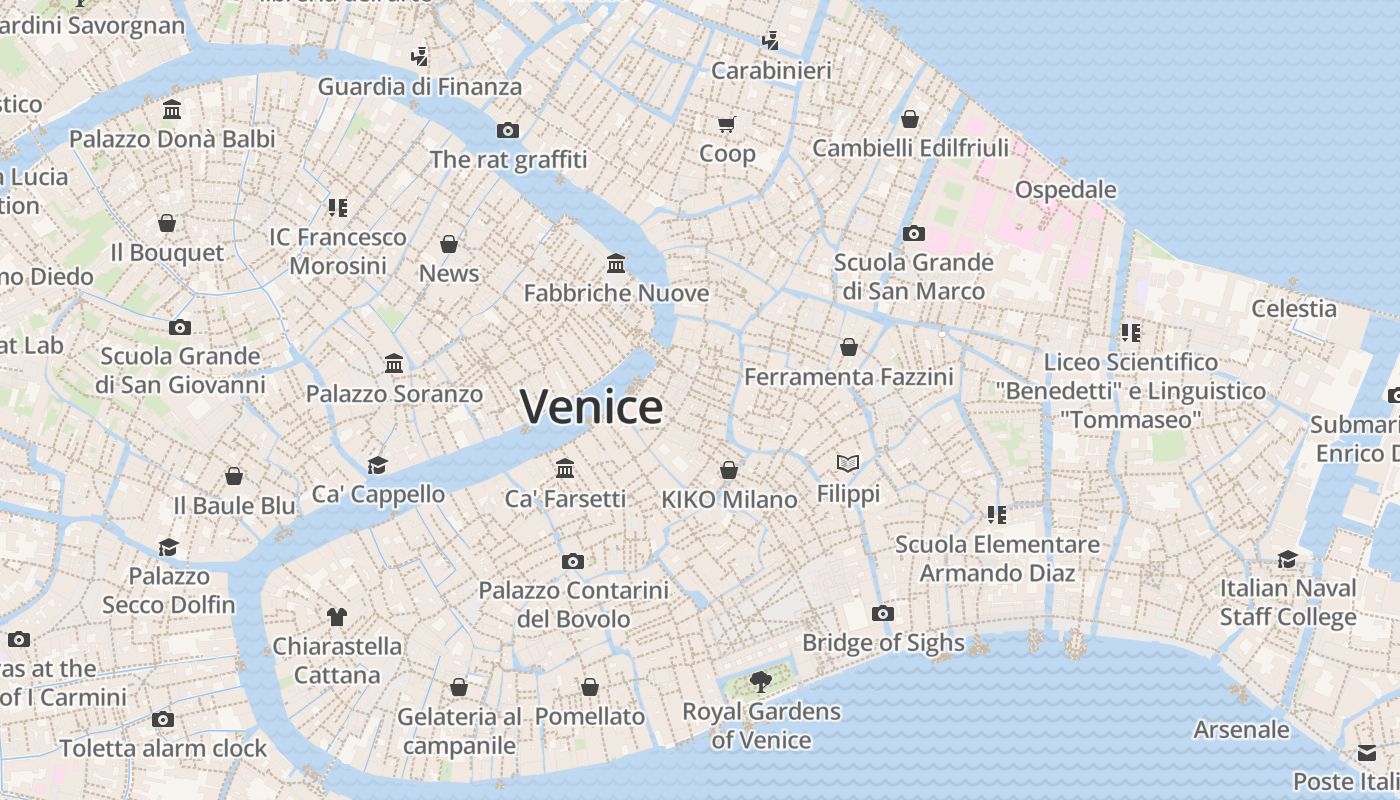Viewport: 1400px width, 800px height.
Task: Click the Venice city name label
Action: point(591,407)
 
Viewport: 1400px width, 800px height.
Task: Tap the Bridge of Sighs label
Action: point(883,643)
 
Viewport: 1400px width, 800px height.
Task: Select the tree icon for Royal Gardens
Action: point(761,682)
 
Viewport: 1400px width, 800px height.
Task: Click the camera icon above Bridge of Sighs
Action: point(882,613)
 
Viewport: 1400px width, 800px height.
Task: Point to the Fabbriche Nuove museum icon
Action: point(616,263)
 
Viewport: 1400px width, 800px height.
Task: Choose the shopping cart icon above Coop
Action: point(727,124)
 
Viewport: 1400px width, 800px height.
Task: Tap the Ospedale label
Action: point(1065,190)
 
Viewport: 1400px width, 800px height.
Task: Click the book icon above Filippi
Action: point(848,463)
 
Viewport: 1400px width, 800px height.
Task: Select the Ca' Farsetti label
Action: point(565,498)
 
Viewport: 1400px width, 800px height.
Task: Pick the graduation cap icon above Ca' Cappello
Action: point(377,464)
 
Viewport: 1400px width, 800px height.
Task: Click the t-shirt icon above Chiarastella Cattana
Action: point(337,617)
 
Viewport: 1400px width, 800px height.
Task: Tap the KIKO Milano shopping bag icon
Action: point(729,470)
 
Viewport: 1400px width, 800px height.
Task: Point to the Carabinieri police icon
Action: point(770,41)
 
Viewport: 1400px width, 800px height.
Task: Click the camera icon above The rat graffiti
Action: point(508,130)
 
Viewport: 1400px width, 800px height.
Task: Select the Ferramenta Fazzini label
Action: point(848,377)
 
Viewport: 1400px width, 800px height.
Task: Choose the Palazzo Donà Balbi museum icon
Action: point(172,109)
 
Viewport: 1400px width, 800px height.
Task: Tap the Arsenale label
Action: point(1241,730)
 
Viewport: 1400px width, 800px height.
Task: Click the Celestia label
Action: point(1294,308)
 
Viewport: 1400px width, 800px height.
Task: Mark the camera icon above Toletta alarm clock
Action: point(163,719)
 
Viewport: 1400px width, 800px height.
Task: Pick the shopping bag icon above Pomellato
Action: point(590,687)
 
